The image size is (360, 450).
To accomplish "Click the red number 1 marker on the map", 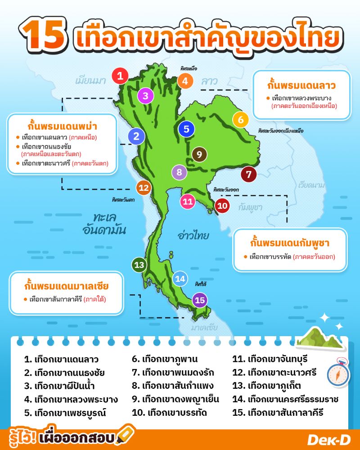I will (120, 76).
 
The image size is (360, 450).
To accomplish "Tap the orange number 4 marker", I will (185, 81).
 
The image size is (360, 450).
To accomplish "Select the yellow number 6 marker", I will (241, 120).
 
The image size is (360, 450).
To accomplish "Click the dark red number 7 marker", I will (249, 174).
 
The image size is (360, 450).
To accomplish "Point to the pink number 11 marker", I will (188, 202).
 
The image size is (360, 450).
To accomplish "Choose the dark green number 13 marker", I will (139, 265).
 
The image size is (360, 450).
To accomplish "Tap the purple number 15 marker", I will (200, 300).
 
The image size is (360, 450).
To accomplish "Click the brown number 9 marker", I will (199, 154).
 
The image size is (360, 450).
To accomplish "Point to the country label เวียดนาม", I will (311, 185).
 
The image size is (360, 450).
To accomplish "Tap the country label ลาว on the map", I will (209, 82).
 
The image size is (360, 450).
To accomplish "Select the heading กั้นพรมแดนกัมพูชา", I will (290, 243).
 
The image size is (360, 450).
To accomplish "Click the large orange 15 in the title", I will (44, 35).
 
